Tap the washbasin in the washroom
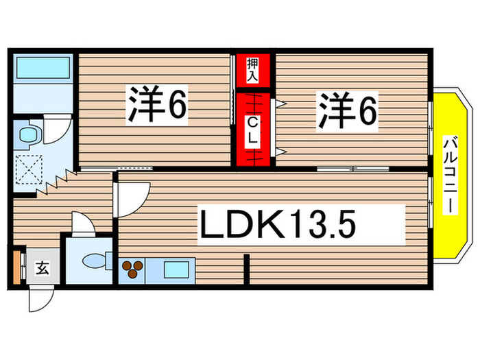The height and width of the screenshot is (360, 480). pyautogui.click(x=29, y=132)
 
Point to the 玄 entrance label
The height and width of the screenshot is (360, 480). pyautogui.click(x=43, y=268)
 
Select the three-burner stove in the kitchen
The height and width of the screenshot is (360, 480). pyautogui.click(x=133, y=269)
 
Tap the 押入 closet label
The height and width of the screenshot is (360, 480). pyautogui.click(x=252, y=69)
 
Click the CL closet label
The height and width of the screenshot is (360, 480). pyautogui.click(x=252, y=130)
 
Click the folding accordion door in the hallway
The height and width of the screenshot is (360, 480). pyautogui.click(x=61, y=182)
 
